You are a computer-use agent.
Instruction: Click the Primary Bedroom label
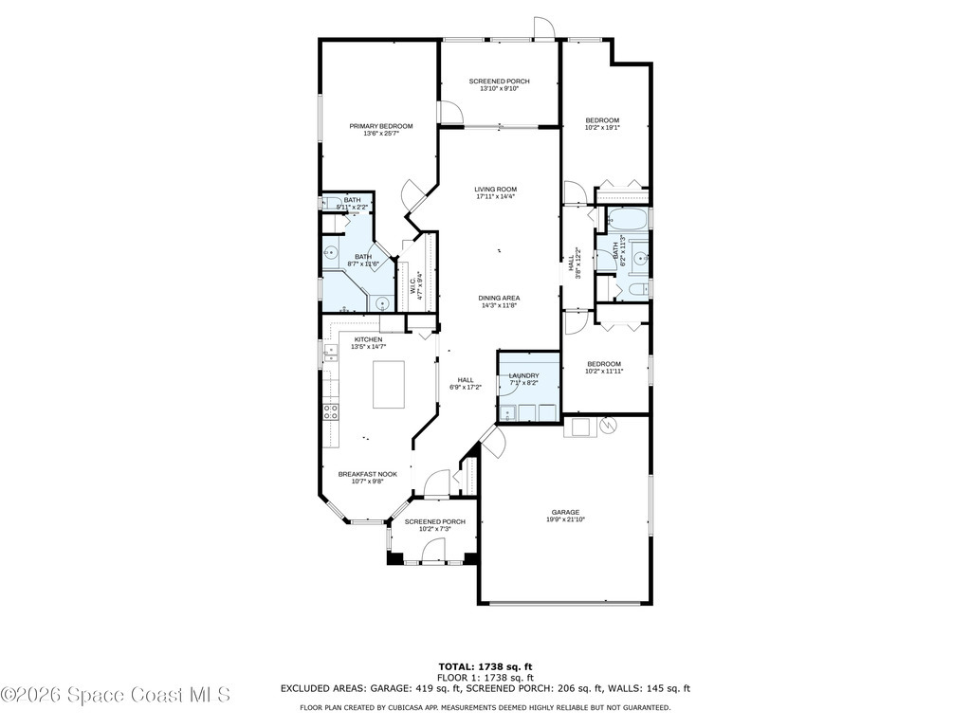(x=381, y=126)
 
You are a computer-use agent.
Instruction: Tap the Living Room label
(x=496, y=189)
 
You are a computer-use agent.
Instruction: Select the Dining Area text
(x=499, y=298)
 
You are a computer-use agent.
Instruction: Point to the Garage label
(x=565, y=512)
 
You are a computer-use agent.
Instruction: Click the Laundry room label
(x=524, y=375)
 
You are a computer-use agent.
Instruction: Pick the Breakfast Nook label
(x=373, y=473)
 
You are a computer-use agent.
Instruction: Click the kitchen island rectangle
(x=389, y=384)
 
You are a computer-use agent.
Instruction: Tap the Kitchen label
(x=369, y=339)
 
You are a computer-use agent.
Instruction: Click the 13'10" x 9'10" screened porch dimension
(x=500, y=89)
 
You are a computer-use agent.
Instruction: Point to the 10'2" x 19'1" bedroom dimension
(x=602, y=128)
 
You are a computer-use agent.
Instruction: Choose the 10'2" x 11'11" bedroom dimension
(x=604, y=372)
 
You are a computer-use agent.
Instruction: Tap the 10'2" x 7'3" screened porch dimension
(x=435, y=529)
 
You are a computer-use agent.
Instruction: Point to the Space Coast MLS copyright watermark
(x=116, y=695)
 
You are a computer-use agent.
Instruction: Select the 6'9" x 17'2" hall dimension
(x=466, y=387)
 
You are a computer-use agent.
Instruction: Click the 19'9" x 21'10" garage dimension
(x=565, y=519)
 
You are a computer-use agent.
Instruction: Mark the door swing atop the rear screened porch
(x=543, y=28)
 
